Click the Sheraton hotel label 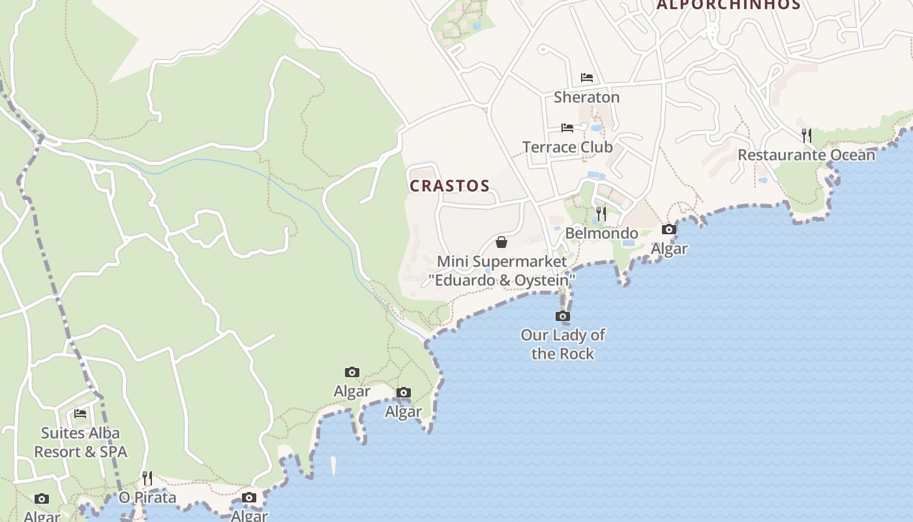coord(586,97)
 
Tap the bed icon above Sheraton coord(587,78)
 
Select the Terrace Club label coord(567,147)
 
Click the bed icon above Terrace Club coord(567,128)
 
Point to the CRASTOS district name coord(449,186)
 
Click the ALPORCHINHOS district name coord(728,5)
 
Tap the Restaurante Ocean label coord(806,155)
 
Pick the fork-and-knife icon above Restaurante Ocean coord(807,135)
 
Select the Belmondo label coord(601,234)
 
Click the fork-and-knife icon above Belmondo coord(601,213)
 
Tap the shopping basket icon coord(501,242)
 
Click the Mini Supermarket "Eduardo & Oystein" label coord(501,271)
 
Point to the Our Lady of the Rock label coord(562,345)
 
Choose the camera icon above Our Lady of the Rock coord(562,316)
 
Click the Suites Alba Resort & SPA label coord(80,442)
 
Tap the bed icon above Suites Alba coord(80,414)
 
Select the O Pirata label coord(147,498)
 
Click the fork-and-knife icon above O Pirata coord(147,478)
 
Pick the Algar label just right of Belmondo coord(669,249)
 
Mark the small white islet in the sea coord(333,465)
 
